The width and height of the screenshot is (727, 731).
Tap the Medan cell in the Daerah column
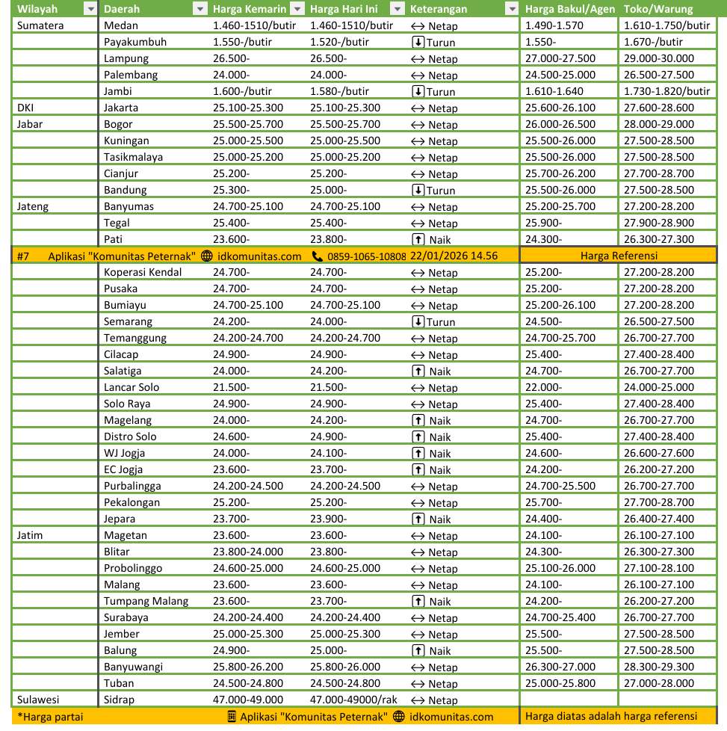point(121,25)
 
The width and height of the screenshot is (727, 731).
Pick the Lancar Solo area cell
point(132,387)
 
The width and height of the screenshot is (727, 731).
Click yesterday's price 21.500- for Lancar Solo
point(232,387)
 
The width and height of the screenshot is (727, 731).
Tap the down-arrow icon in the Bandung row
point(418,190)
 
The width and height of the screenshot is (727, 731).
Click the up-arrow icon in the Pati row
point(418,239)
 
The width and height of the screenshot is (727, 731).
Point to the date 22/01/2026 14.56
point(454,256)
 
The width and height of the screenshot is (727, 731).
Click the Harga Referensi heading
point(618,256)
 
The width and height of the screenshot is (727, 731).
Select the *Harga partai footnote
point(50,717)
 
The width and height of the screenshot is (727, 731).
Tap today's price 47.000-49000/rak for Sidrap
point(353,700)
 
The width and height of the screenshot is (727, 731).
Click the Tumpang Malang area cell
point(146,601)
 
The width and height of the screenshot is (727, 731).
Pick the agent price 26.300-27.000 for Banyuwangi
point(560,667)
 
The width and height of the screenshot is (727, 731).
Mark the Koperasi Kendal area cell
point(143,272)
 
